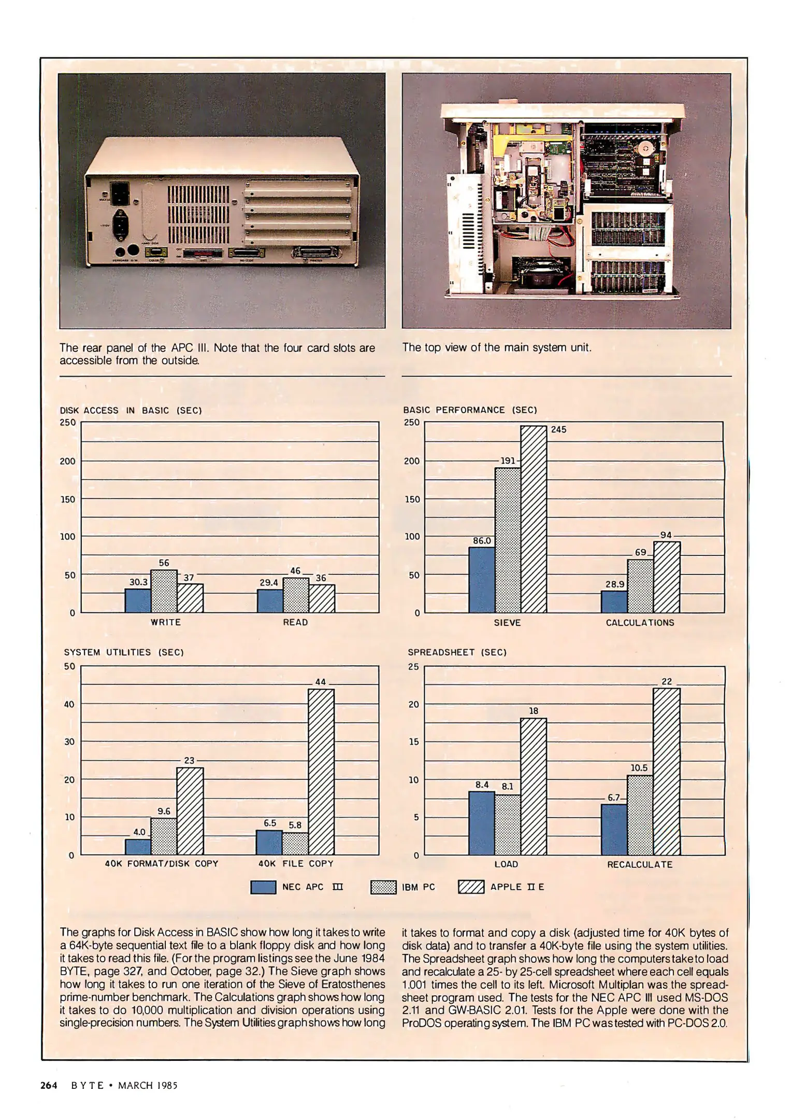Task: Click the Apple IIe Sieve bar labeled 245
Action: click(534, 519)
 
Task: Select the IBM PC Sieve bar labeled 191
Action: click(508, 540)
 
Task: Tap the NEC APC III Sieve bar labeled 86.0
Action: click(482, 580)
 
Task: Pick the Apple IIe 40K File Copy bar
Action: click(321, 772)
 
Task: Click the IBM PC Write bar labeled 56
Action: click(164, 591)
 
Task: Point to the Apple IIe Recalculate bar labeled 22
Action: click(666, 772)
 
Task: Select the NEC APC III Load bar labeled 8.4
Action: click(482, 823)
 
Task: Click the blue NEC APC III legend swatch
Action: click(263, 887)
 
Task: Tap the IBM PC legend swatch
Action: click(383, 887)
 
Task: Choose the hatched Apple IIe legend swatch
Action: click(471, 887)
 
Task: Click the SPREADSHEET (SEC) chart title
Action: click(457, 652)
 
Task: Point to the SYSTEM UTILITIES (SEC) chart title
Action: click(124, 652)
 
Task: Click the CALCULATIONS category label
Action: click(640, 623)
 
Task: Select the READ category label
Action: click(295, 622)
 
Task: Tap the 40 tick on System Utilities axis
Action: click(69, 704)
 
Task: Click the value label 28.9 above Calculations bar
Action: click(615, 584)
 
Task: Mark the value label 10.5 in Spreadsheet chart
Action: click(639, 768)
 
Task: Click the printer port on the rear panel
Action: click(317, 253)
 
